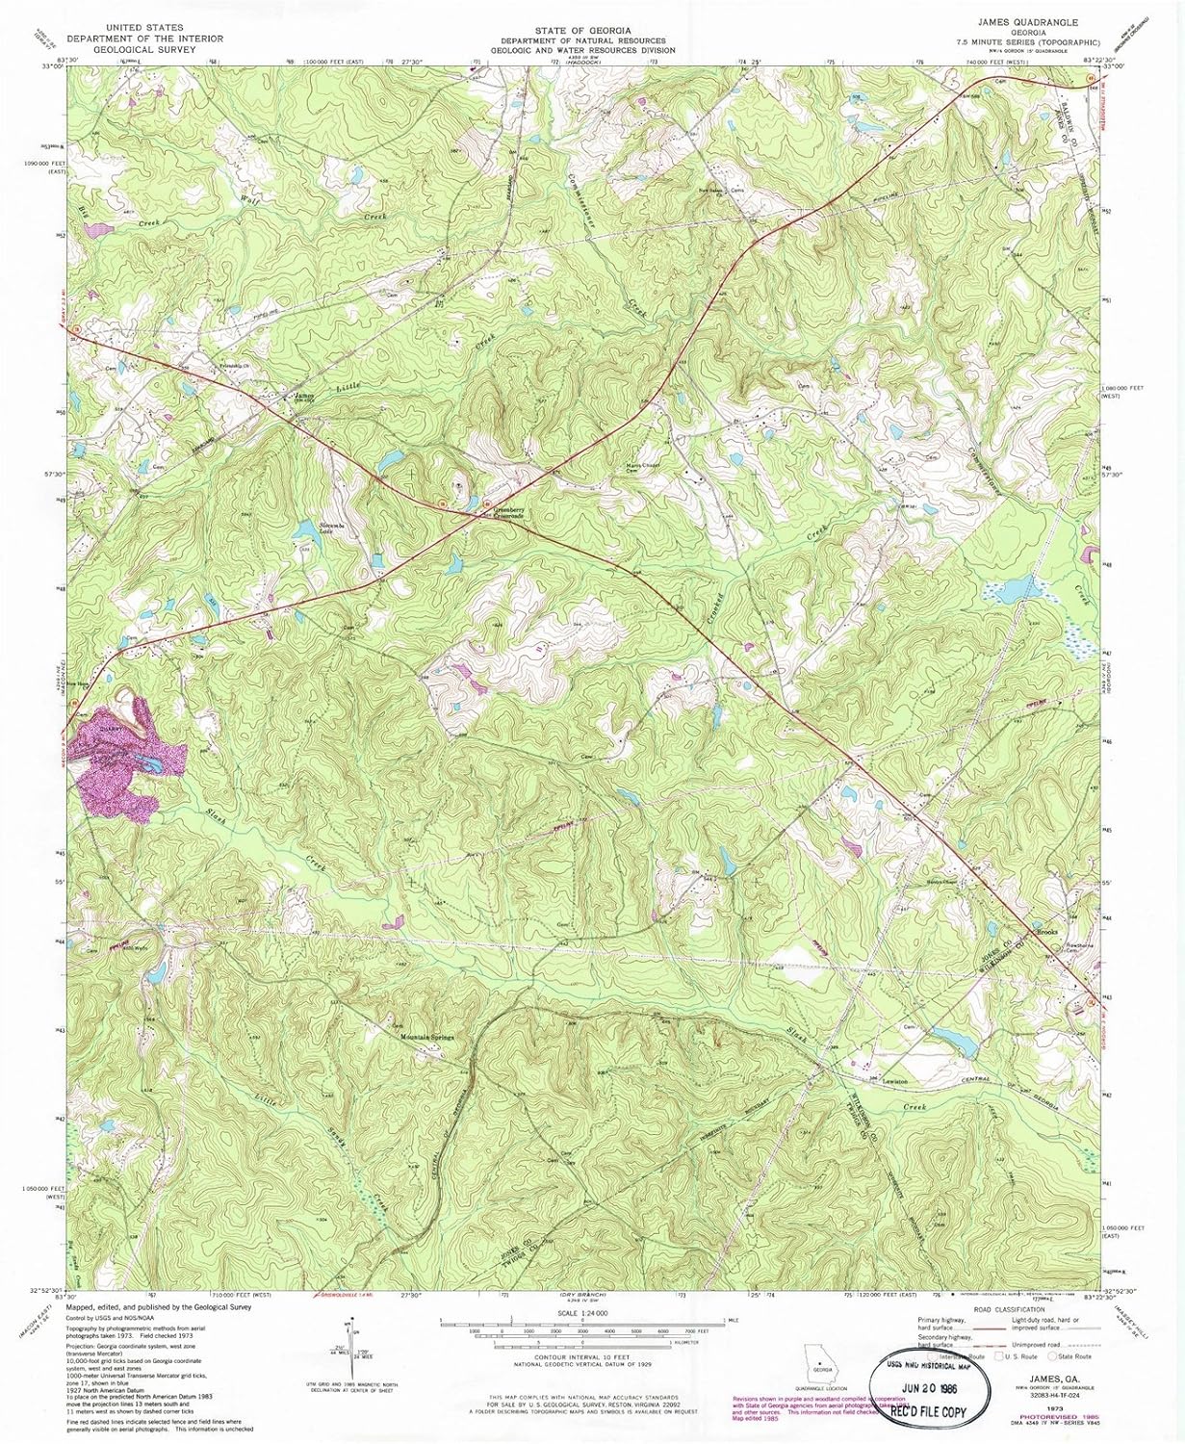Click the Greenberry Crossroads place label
pos(502,511)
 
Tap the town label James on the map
pos(304,395)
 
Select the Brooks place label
pos(1047,932)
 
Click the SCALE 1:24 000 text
pos(582,1311)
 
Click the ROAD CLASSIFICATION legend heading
pos(1008,1310)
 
